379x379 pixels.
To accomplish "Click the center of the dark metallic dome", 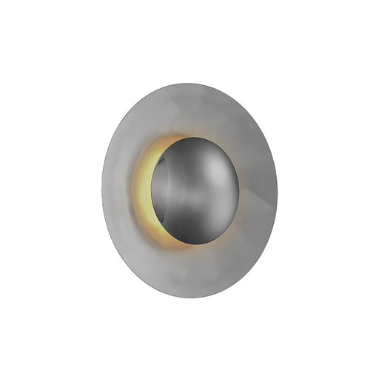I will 195,190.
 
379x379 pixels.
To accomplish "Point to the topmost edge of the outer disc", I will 190,83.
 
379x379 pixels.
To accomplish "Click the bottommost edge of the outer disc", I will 190,298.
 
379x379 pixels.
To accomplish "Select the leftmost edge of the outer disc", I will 102,190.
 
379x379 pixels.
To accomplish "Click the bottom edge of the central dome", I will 195,244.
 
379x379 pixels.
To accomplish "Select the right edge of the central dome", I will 239,190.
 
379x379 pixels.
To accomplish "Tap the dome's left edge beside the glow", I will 152,191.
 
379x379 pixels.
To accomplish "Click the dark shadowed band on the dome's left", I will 161,191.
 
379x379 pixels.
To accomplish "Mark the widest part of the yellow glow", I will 143,191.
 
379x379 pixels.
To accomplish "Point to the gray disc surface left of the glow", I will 118,190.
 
